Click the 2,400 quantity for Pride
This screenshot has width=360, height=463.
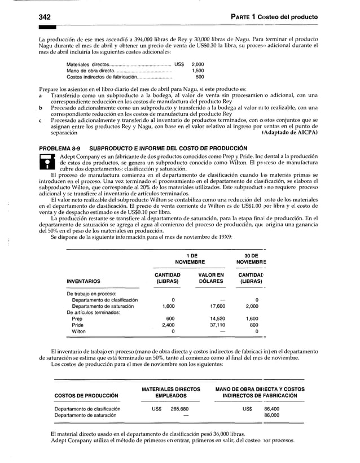tap(168, 325)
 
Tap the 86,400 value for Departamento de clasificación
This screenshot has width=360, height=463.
tap(273, 409)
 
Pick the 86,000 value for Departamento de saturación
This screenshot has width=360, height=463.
tap(273, 416)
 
